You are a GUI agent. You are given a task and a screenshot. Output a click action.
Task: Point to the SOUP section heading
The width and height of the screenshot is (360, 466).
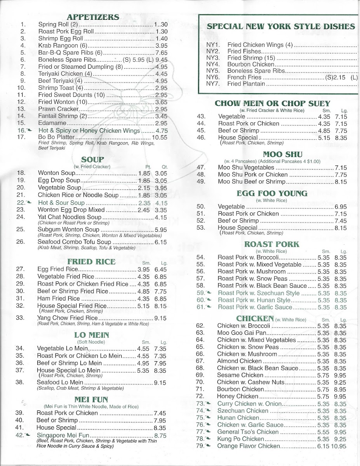tap(93, 160)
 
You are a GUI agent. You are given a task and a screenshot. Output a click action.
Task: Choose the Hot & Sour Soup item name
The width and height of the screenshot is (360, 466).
tap(61, 203)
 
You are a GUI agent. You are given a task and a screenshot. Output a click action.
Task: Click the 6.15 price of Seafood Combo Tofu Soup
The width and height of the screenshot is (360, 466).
tap(160, 242)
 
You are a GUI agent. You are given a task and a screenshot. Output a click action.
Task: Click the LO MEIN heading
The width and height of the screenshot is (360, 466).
tap(92, 335)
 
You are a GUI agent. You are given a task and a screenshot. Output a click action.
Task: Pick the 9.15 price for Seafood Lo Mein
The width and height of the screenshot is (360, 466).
tap(160, 383)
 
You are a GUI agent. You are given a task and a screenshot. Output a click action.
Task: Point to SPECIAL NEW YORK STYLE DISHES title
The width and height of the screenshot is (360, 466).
tap(281, 26)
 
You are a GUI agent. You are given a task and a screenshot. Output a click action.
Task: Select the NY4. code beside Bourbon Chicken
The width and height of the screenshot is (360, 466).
tap(213, 64)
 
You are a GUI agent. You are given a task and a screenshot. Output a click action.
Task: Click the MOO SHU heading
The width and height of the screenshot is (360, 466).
tap(277, 154)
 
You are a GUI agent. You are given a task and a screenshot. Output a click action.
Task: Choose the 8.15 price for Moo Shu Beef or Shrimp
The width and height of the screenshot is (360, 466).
tap(341, 182)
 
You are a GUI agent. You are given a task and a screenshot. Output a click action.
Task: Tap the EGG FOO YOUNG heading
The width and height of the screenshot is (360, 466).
tap(271, 193)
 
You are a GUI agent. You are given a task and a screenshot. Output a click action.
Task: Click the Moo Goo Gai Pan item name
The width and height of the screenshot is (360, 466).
tap(241, 333)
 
